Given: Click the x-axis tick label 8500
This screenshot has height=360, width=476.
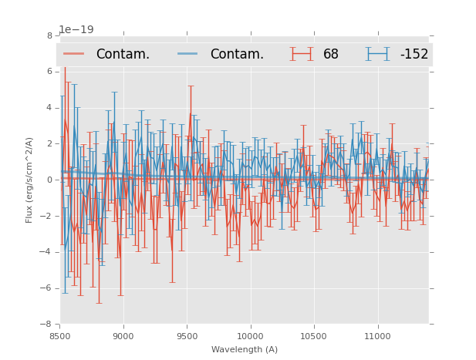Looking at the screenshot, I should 60,336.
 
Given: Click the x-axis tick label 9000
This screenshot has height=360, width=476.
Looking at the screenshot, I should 123,336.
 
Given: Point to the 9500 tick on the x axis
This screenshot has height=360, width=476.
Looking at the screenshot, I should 187,336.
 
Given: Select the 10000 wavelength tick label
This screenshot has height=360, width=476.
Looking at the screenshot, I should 250,336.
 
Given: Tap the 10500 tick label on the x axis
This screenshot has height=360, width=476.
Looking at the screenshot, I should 314,336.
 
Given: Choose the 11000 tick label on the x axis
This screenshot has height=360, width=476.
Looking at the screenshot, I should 377,336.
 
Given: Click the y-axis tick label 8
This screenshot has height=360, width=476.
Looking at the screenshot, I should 49,35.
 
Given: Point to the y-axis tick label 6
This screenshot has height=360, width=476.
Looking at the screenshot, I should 49,72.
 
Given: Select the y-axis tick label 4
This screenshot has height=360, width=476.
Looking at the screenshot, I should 49,108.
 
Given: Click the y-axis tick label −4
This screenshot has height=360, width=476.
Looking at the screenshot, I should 47,252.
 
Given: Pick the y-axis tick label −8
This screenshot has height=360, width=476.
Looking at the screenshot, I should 47,324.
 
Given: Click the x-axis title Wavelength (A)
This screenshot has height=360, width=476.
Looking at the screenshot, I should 245,349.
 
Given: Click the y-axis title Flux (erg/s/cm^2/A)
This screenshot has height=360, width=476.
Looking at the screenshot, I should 29,180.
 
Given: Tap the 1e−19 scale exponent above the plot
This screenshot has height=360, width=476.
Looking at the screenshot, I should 76,30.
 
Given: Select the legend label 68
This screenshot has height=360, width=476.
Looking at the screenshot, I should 331,54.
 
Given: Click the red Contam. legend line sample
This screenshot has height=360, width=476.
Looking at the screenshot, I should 75,54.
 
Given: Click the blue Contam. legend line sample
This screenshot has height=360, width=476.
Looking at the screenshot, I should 188,54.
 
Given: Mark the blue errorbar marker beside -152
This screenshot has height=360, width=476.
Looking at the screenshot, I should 378,54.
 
